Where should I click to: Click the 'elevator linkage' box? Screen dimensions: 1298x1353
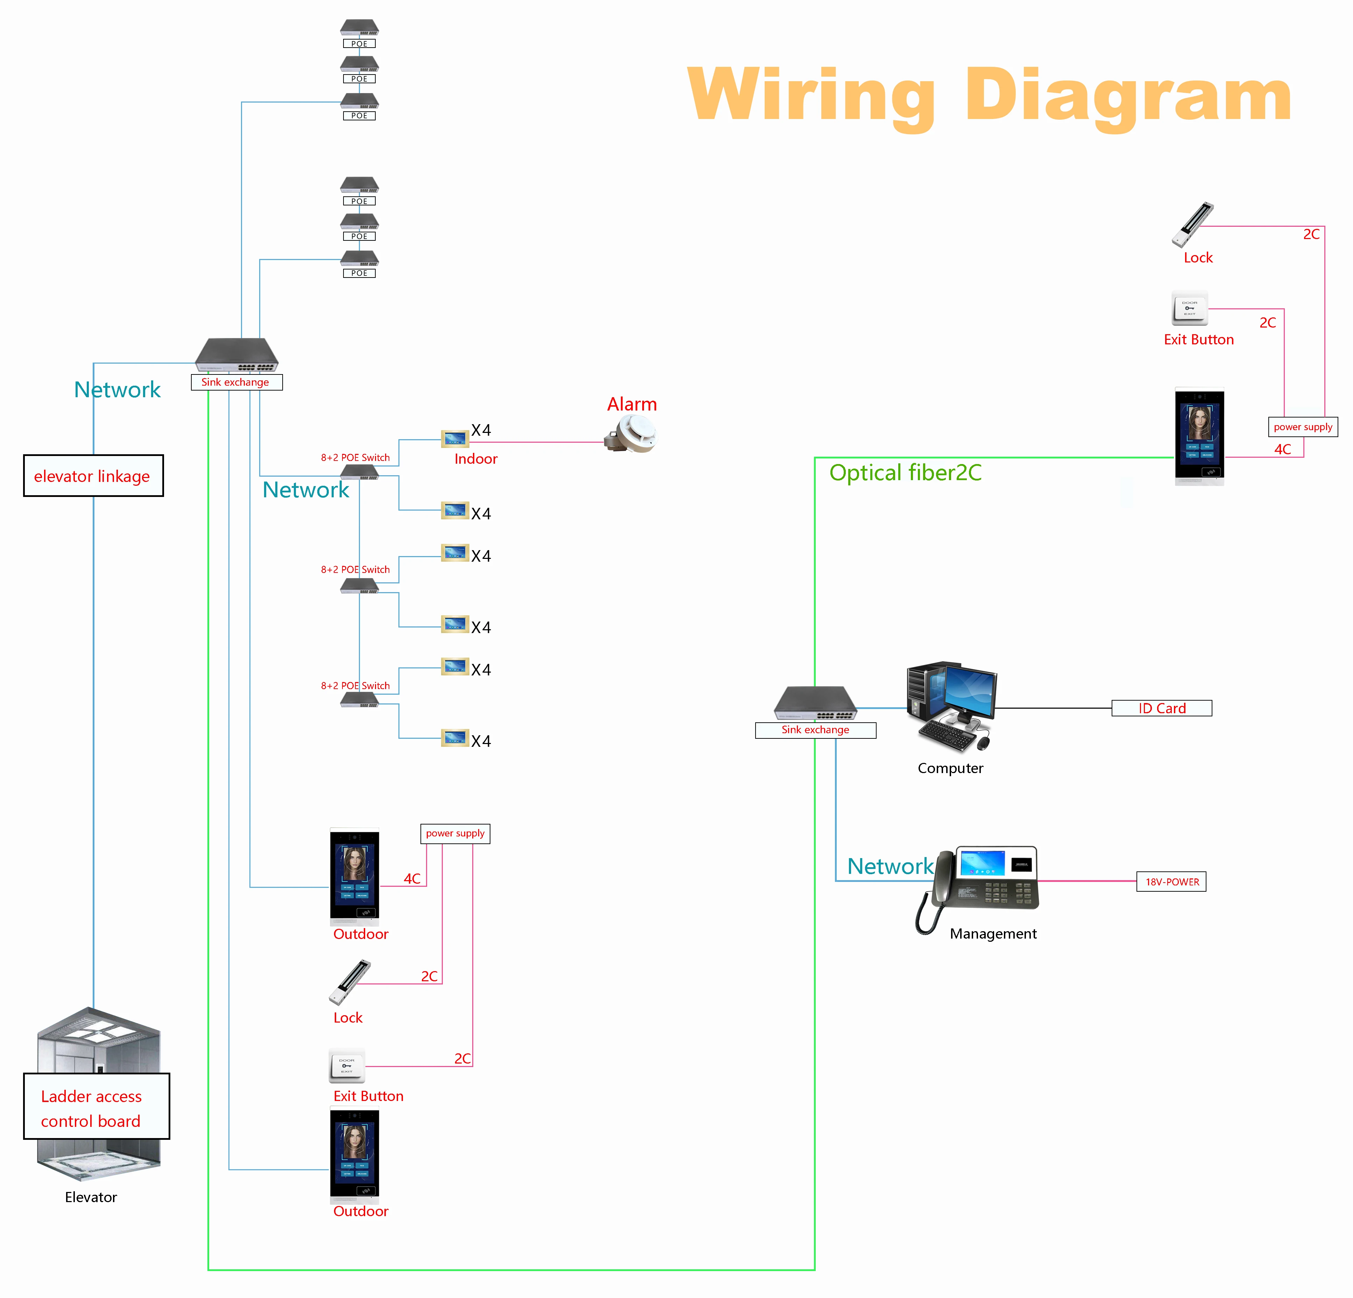[93, 476]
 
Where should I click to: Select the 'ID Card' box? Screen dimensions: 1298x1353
[1162, 708]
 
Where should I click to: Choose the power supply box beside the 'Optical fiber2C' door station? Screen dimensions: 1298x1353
[1303, 427]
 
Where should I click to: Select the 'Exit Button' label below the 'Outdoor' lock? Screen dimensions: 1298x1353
[368, 1096]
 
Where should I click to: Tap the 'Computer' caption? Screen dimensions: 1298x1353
[950, 768]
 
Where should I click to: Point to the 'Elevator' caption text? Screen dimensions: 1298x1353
[91, 1197]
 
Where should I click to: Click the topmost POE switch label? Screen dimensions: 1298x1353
[359, 43]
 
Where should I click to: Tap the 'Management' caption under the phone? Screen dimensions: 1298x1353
[993, 934]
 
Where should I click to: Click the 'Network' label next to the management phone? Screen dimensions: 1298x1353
[890, 866]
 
